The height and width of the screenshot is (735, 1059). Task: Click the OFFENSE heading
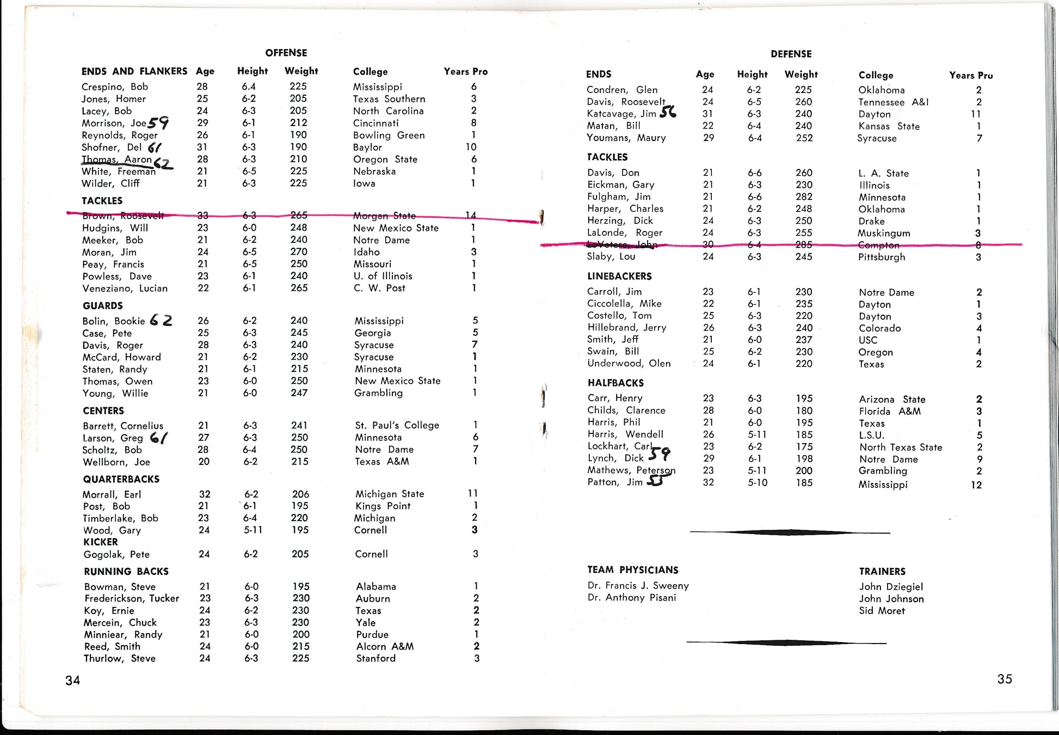[286, 53]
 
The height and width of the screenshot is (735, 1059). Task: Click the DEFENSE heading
[791, 54]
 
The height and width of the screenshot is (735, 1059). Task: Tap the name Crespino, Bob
[114, 87]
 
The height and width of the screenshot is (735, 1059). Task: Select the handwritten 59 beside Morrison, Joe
[158, 123]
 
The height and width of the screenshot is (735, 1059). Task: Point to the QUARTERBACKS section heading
[121, 479]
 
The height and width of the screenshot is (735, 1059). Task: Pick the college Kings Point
[383, 506]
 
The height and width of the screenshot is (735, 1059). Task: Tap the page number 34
[72, 680]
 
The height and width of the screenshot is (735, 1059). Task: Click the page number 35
[1005, 679]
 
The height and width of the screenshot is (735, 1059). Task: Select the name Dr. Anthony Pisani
[631, 597]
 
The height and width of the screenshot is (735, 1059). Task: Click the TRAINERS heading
[882, 571]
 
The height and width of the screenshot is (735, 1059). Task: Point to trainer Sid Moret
[882, 610]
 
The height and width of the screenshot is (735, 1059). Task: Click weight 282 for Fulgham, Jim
[803, 197]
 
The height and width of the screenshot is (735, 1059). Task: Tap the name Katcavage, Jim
[621, 114]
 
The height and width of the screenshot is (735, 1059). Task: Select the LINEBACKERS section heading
[619, 276]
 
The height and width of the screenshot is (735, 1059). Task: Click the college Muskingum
[884, 233]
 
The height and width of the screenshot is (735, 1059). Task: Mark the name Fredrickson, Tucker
[131, 598]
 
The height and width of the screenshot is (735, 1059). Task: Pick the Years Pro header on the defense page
[971, 75]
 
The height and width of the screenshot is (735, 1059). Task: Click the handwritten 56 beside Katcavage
[668, 112]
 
